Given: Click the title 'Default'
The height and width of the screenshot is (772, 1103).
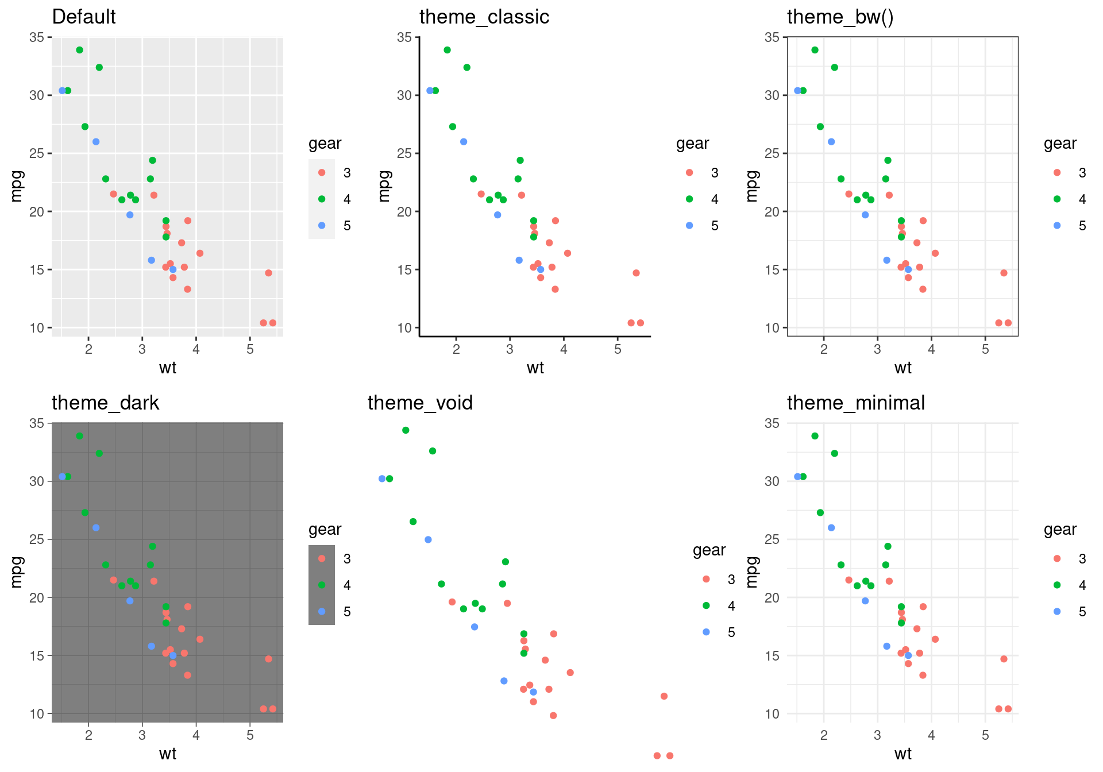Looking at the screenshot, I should tap(84, 17).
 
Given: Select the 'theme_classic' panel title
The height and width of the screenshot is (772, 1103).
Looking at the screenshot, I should tap(484, 17).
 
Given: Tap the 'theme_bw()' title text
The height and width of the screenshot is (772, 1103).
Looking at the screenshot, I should tap(840, 17).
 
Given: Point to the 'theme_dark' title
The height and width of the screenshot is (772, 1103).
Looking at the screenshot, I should tap(105, 403).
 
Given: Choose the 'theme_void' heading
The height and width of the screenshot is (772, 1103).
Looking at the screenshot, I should tap(420, 403).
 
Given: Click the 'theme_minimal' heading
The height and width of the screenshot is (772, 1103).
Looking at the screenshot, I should tap(855, 403).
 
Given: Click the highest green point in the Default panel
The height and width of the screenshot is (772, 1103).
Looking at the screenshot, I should tap(80, 50).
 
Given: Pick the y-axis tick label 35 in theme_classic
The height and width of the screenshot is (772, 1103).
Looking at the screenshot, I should tap(404, 37).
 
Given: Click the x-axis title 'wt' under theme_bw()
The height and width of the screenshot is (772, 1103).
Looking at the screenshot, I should tap(903, 368).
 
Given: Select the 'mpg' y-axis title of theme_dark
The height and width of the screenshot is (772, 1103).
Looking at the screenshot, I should tap(17, 572).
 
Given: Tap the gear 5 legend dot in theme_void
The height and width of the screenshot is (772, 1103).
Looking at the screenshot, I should tap(706, 632).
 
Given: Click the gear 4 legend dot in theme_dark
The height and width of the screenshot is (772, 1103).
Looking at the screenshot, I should tap(322, 585).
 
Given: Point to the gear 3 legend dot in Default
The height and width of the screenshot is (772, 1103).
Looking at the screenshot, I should tap(322, 173).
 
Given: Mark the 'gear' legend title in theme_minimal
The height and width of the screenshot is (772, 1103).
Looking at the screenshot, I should tap(1060, 530).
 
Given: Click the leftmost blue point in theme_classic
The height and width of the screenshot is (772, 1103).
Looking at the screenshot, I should tap(430, 91).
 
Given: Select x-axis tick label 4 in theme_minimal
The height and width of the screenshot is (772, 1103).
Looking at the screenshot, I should tap(931, 735).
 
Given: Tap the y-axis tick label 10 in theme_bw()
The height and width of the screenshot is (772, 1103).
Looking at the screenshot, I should tap(772, 328).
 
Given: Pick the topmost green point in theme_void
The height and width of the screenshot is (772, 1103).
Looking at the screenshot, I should tap(406, 430).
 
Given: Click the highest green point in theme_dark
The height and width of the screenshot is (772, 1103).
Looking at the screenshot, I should tap(80, 436).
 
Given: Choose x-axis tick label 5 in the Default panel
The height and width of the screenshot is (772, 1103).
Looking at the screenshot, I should tap(250, 349).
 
